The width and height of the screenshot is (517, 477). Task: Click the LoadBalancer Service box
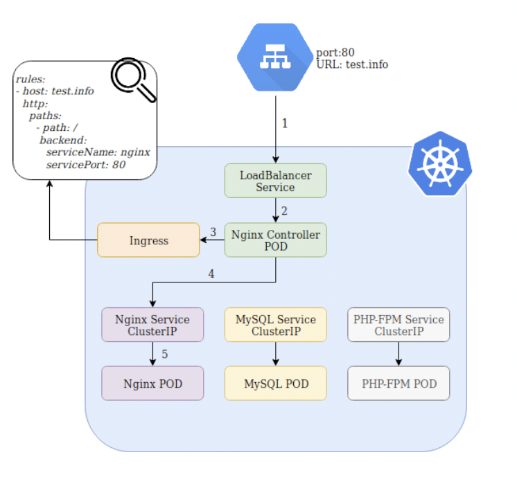[275, 181]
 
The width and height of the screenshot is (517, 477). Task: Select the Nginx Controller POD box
[275, 240]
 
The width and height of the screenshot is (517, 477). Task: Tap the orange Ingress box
[148, 240]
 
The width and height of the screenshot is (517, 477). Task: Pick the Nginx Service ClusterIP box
[152, 325]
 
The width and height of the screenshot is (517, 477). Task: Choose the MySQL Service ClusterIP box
[275, 325]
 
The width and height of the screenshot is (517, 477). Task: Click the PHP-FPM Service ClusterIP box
[398, 325]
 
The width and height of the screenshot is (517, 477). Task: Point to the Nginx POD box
[152, 383]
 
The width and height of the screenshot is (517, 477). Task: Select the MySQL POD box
[275, 383]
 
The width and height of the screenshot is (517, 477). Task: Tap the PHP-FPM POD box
[398, 383]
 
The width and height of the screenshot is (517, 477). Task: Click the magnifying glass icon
[132, 80]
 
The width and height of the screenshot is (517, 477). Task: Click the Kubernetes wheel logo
[439, 164]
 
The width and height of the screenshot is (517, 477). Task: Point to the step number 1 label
[284, 123]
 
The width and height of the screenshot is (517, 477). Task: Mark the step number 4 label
[211, 274]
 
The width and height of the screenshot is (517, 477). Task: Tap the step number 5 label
[164, 354]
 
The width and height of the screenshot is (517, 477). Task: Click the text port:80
[336, 52]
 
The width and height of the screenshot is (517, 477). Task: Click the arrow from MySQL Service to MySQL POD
[275, 354]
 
